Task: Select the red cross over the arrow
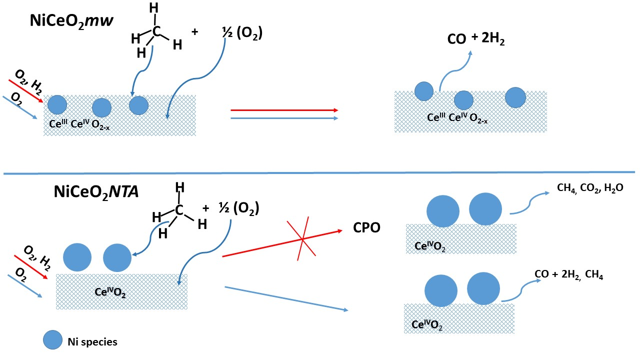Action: pos(302,239)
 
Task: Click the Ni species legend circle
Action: pos(52,341)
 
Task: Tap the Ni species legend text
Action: pos(92,342)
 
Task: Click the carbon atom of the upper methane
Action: pos(157,31)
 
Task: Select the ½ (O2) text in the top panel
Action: pos(242,33)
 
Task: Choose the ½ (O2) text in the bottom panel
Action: pos(238,208)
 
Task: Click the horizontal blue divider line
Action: pos(320,173)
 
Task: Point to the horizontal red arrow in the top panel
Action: pos(284,110)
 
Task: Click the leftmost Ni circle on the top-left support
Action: pos(57,104)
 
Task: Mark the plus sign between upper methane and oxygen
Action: pos(194,31)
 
